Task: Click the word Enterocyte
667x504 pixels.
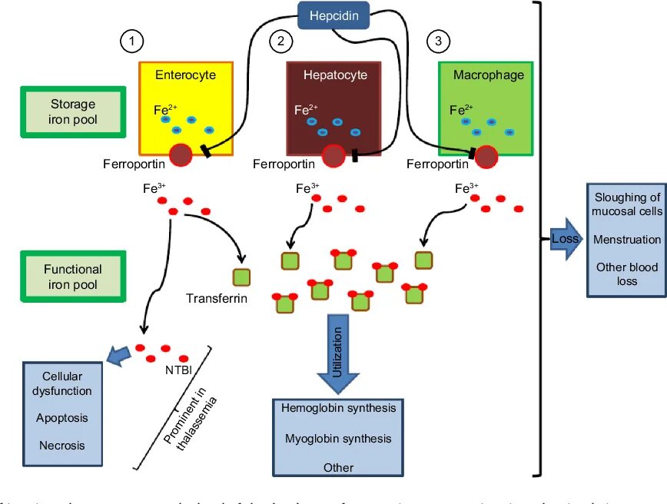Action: click(185, 75)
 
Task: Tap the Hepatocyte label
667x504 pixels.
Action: click(335, 75)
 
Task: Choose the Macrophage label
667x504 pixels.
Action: click(488, 75)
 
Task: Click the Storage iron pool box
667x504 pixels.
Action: click(72, 111)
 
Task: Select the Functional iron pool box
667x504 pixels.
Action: click(72, 277)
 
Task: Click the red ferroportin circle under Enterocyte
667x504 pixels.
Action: click(180, 155)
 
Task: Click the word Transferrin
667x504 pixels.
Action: click(216, 298)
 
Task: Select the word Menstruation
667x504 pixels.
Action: click(627, 240)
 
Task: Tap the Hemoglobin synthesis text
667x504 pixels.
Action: click(339, 408)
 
